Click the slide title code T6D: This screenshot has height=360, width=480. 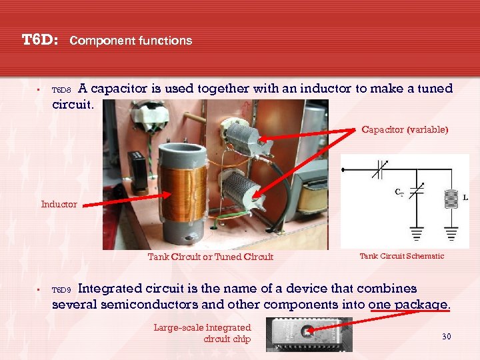pyautogui.click(x=41, y=41)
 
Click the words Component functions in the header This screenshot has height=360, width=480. pyautogui.click(x=131, y=41)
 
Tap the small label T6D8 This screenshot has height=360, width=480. pyautogui.click(x=61, y=89)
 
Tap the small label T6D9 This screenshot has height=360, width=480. pyautogui.click(x=61, y=290)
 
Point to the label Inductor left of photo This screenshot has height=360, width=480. pyautogui.click(x=59, y=204)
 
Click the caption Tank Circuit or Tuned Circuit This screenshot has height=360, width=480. pyautogui.click(x=210, y=257)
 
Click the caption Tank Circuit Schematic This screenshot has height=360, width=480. pyautogui.click(x=401, y=256)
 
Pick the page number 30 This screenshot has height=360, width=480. pyautogui.click(x=446, y=337)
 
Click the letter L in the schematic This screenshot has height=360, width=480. pyautogui.click(x=465, y=198)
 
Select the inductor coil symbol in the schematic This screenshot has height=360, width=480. pyautogui.click(x=451, y=199)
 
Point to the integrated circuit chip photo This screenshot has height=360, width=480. pyautogui.click(x=308, y=333)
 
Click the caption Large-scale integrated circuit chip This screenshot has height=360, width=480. pyautogui.click(x=202, y=333)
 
